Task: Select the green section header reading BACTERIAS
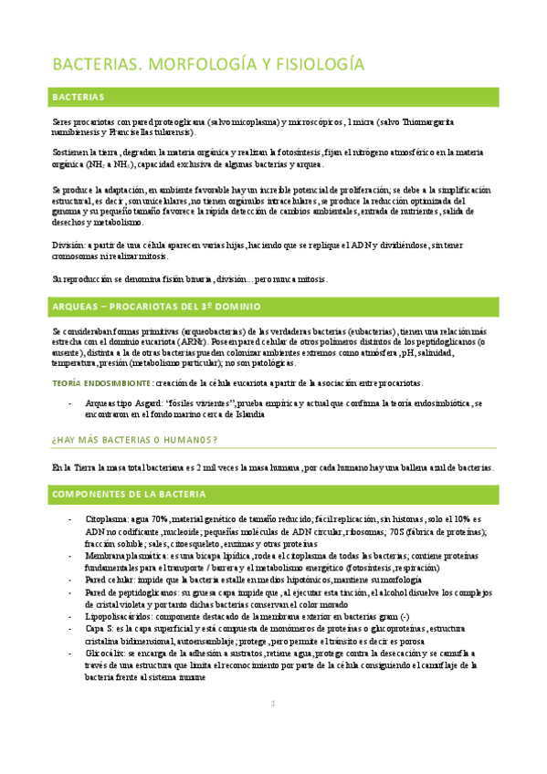click(x=78, y=97)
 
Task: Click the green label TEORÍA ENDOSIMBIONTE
click(x=101, y=382)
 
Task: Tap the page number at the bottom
click(x=272, y=728)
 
